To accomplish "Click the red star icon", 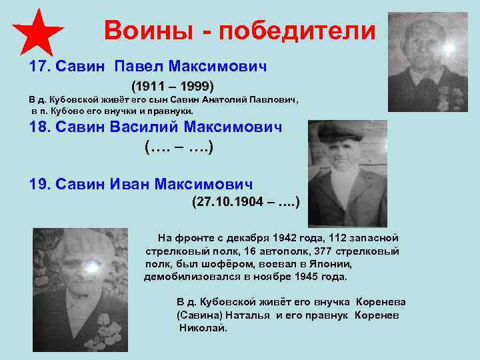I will pyautogui.click(x=38, y=31).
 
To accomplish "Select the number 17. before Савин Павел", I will pyautogui.click(x=40, y=67).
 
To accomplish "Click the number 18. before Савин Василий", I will pyautogui.click(x=41, y=127).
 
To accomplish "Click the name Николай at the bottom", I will pyautogui.click(x=203, y=328).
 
